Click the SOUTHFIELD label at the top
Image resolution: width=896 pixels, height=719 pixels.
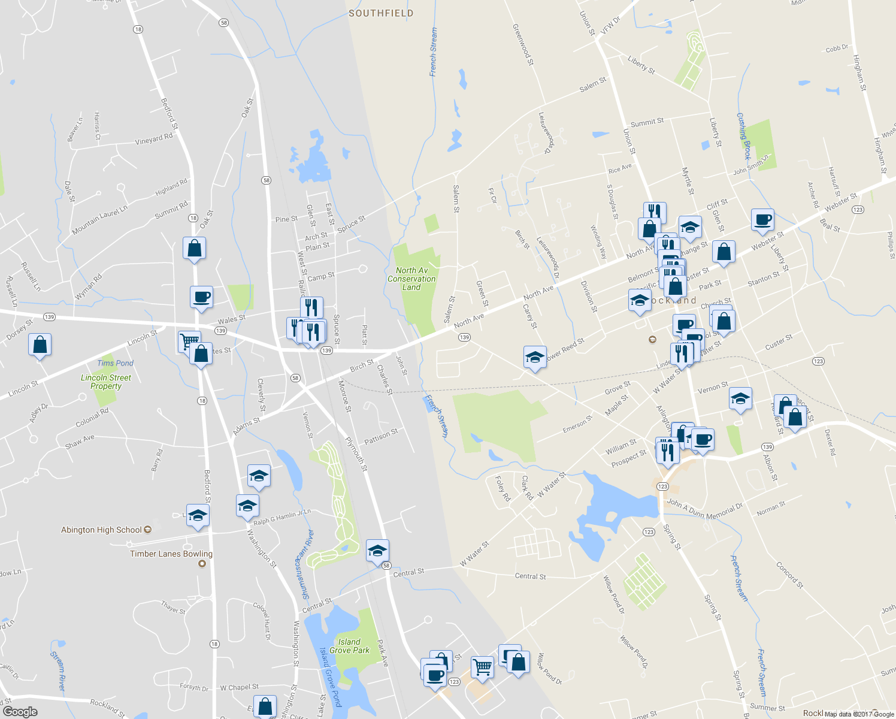click(381, 13)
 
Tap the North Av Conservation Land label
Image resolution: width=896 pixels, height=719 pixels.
click(411, 279)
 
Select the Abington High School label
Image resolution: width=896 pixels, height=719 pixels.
click(101, 530)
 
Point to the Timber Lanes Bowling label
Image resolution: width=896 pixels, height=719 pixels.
click(171, 554)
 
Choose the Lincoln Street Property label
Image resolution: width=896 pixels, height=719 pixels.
click(106, 382)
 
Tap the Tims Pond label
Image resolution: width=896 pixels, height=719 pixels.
click(116, 363)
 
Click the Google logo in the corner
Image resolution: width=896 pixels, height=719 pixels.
click(20, 712)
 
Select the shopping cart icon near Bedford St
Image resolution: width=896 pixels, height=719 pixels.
click(189, 341)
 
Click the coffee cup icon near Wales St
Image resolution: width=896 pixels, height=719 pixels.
click(201, 297)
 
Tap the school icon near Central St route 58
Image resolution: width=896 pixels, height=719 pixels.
click(377, 550)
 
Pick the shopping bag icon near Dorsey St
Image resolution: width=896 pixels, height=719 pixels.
click(40, 345)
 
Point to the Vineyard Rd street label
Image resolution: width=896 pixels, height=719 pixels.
click(154, 139)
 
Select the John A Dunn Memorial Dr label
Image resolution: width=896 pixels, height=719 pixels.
click(704, 510)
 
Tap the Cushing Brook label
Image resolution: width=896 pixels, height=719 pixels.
click(743, 136)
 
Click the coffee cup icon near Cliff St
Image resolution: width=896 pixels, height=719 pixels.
click(762, 219)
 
